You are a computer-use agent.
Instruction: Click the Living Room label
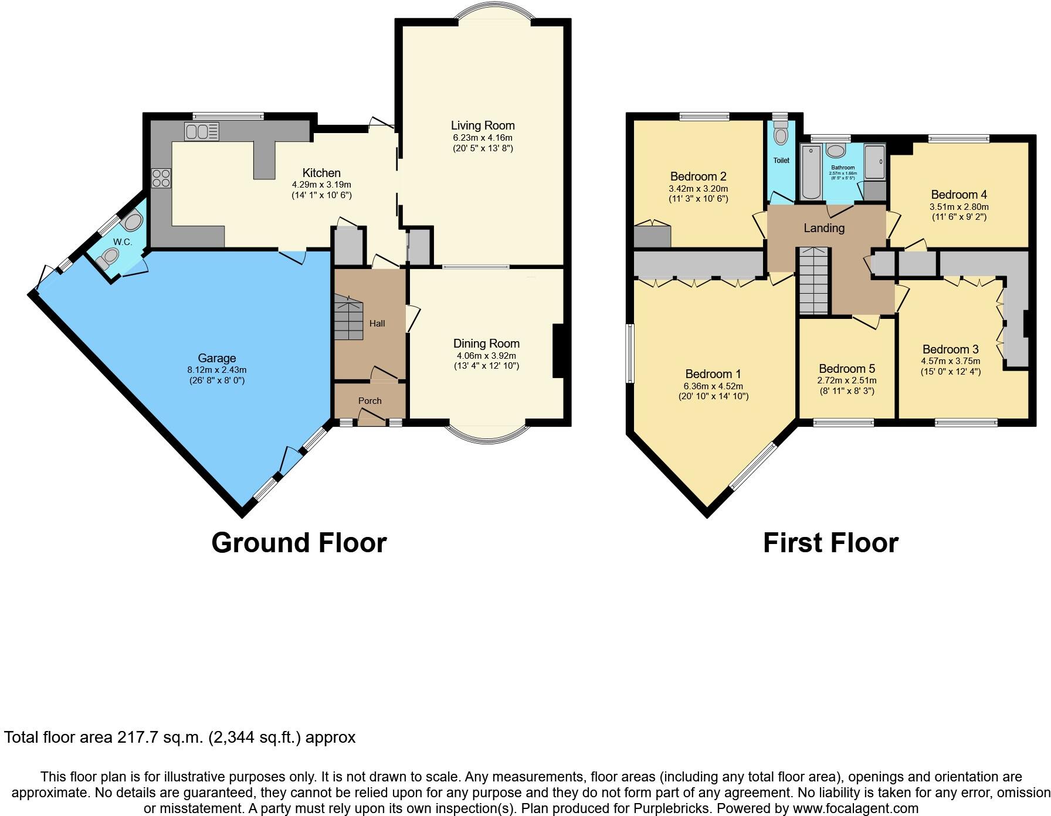coord(483,125)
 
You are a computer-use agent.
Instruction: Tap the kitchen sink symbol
coord(202,131)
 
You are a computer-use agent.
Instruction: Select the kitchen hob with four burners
coord(161,178)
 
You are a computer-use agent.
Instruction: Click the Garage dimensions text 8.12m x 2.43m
coord(217,370)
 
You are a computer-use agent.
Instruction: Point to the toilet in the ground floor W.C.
coord(109,258)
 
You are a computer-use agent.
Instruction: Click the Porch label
coord(369,401)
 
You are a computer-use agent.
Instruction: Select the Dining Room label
coord(486,344)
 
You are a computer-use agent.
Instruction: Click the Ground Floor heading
coord(299,543)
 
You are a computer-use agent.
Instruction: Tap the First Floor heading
coord(830,543)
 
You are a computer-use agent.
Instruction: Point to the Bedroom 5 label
coord(847,369)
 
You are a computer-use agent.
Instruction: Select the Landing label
coord(824,228)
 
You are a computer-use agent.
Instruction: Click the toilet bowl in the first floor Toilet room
coord(781,135)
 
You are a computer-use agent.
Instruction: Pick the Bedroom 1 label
coord(713,374)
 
